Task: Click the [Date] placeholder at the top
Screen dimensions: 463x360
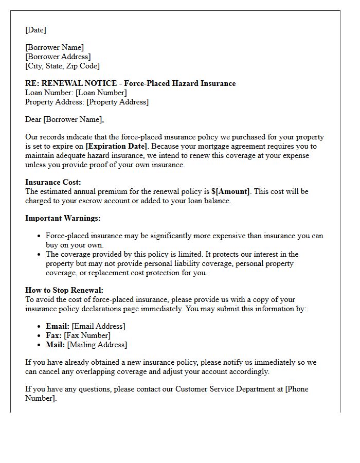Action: pyautogui.click(x=35, y=30)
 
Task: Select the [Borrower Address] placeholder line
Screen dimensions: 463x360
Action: pyautogui.click(x=58, y=57)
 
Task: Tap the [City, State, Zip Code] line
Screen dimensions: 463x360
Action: pyautogui.click(x=62, y=66)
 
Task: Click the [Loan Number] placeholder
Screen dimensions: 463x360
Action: pyautogui.click(x=101, y=93)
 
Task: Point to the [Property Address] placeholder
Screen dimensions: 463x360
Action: pyautogui.click(x=117, y=102)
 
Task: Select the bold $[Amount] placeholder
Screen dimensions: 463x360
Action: pyautogui.click(x=230, y=191)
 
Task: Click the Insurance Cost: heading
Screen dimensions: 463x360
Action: pyautogui.click(x=53, y=182)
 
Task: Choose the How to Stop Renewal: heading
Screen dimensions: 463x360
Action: pyautogui.click(x=64, y=290)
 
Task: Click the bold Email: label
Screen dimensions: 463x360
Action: pyautogui.click(x=58, y=326)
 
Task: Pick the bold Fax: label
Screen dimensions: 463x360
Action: pyautogui.click(x=54, y=335)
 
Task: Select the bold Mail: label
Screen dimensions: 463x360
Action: pyautogui.click(x=56, y=345)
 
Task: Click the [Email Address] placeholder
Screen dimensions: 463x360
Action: pyautogui.click(x=98, y=326)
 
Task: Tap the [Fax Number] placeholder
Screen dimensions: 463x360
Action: pyautogui.click(x=87, y=335)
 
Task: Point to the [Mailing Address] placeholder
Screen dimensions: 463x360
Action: pyautogui.click(x=97, y=345)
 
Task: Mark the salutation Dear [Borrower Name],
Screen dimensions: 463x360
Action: pyautogui.click(x=64, y=119)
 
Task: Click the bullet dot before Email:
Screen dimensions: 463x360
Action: pyautogui.click(x=40, y=327)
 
